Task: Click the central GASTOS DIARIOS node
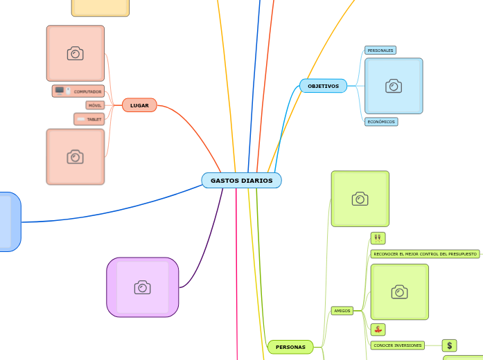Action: (241, 180)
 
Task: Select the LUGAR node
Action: (139, 105)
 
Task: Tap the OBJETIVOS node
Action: (323, 86)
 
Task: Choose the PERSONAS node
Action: (290, 347)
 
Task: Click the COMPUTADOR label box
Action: (78, 91)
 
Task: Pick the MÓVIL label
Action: (95, 105)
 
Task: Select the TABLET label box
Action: (89, 119)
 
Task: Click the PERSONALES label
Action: (380, 51)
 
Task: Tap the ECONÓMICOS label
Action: (381, 122)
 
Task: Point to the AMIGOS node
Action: (342, 311)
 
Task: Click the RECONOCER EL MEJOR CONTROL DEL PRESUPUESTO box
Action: (425, 254)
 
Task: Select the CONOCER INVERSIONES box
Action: (397, 345)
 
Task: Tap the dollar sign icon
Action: (450, 345)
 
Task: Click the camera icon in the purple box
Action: (143, 287)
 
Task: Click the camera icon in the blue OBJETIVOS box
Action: (394, 86)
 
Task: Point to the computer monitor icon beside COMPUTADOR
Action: (60, 91)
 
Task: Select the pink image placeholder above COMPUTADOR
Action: (76, 53)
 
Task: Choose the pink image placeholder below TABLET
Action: (76, 157)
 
